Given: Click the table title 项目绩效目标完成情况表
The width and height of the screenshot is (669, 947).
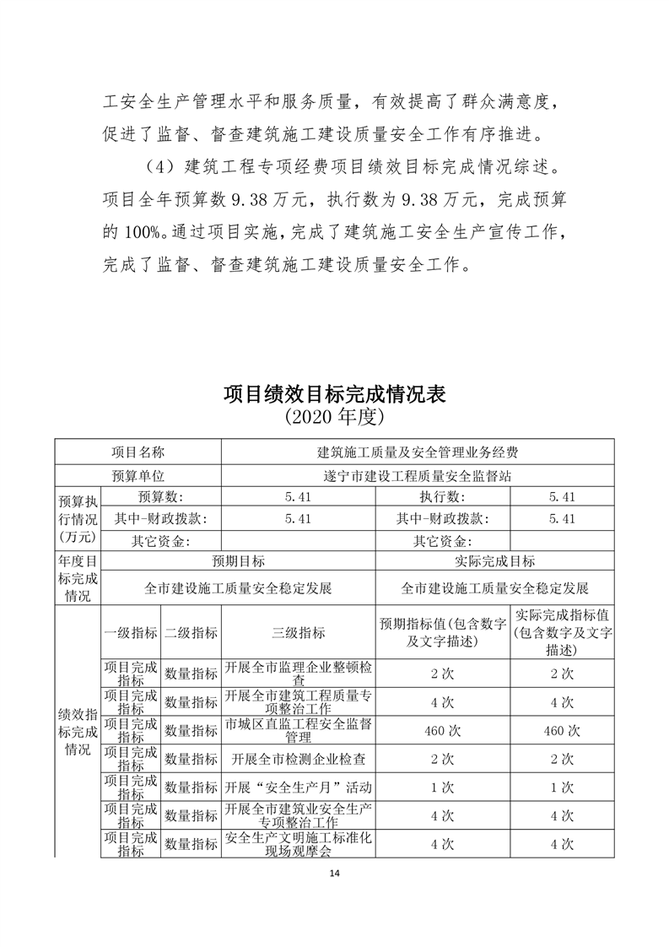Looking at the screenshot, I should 334,393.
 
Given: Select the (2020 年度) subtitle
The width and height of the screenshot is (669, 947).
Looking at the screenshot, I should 334,416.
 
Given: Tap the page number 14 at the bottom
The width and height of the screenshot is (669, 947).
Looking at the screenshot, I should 335,874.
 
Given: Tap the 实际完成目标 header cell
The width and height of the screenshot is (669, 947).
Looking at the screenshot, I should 495,560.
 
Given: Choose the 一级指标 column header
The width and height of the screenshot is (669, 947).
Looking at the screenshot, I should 130,632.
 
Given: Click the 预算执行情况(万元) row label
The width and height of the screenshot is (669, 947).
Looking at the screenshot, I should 77,517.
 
